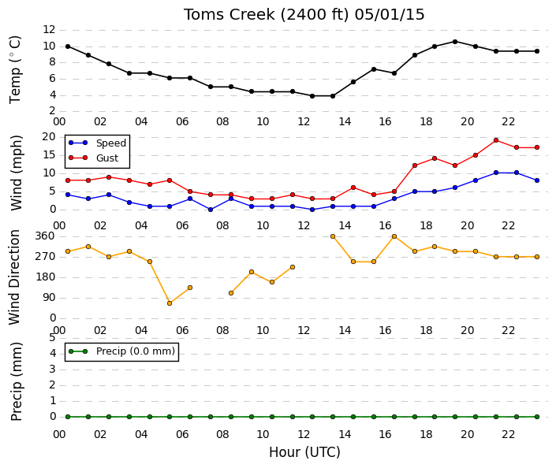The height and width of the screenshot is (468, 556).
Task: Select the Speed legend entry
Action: point(98,143)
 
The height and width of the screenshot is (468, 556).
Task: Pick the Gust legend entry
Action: point(94,158)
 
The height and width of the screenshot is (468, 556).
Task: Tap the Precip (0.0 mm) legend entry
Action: point(121,351)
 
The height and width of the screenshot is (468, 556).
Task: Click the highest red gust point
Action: point(496,140)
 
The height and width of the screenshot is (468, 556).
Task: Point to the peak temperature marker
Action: point(455,42)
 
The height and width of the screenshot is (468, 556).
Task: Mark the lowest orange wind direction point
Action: point(170,303)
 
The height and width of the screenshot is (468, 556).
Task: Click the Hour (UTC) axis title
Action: point(304,452)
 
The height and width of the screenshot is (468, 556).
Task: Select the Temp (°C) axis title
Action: point(15,70)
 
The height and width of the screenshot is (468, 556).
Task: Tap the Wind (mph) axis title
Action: point(16,173)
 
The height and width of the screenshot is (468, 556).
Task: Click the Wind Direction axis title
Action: point(14,277)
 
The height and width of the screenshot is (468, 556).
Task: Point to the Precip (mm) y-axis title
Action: point(16,381)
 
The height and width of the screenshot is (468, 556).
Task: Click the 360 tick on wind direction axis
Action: point(45,236)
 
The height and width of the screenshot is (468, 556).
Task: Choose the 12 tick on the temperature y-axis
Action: point(49,29)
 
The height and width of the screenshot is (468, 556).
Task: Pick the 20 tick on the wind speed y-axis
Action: point(49,137)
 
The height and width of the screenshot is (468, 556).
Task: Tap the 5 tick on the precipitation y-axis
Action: point(53,337)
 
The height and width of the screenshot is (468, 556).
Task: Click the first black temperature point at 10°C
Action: point(68,46)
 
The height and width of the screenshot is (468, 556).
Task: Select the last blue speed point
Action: point(537,180)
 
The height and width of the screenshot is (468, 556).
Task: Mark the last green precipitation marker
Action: point(537,417)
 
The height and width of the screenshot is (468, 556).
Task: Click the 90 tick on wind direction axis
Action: point(49,297)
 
